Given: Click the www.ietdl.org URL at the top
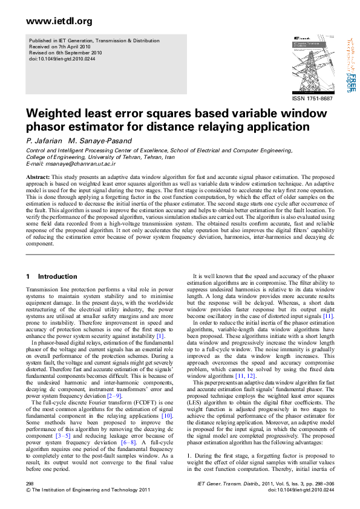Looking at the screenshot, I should click(x=51, y=22).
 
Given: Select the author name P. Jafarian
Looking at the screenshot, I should click(x=41, y=140).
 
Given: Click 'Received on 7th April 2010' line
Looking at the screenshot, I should click(x=57, y=46).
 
